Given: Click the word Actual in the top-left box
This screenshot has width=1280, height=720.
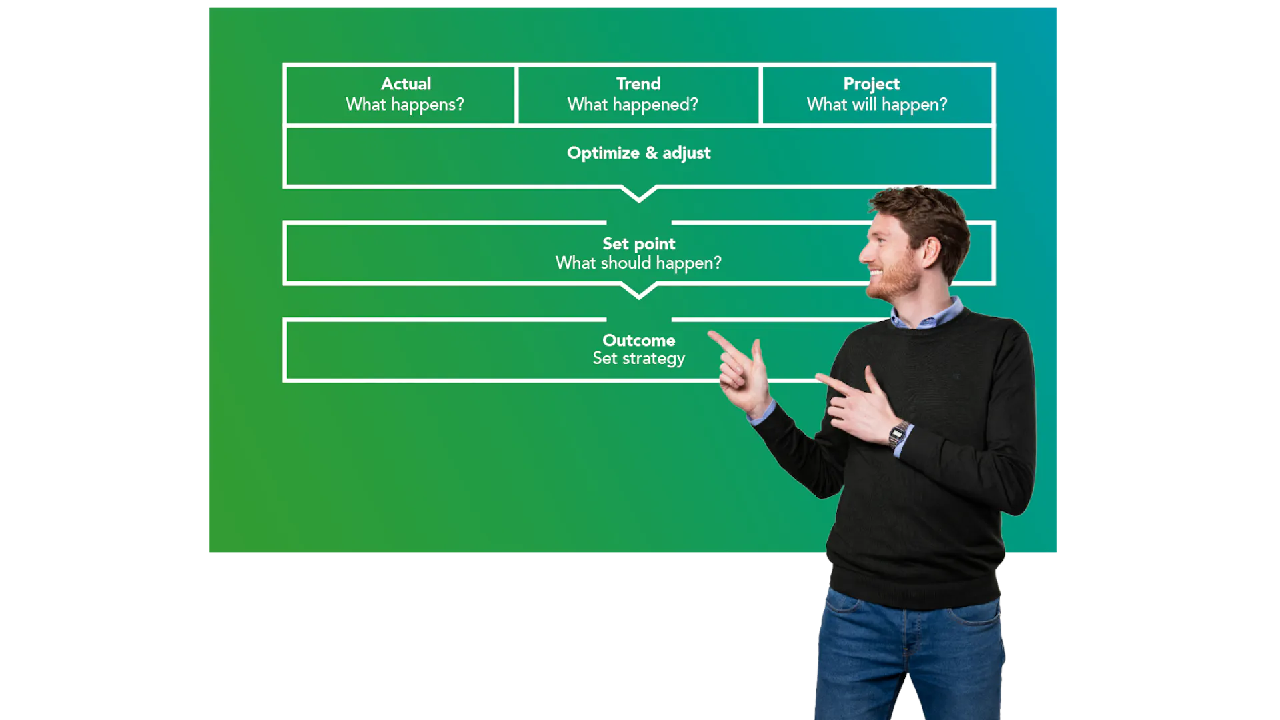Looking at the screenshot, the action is point(406,84).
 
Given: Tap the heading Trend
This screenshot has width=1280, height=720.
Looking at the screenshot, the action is point(638,84).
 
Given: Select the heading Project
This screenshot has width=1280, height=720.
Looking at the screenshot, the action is point(871,85).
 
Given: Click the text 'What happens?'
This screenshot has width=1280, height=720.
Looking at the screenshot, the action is point(404,105).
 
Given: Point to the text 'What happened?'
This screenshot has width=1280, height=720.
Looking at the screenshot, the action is point(632,105).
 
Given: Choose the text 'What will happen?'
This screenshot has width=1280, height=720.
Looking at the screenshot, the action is point(876,105).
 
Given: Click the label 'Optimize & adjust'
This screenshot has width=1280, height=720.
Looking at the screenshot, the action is point(638,153).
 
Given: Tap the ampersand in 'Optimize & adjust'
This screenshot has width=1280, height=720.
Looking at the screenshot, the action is point(651,153).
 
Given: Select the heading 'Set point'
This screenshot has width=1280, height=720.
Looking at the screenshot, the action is point(638,244).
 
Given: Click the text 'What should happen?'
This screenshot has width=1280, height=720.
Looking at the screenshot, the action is point(638,263).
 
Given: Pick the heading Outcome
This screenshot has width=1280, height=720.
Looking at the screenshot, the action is point(638,341).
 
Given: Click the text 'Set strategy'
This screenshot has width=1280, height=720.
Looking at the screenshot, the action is point(638,359).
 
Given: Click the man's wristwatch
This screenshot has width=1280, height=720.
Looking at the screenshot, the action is point(898,434).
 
